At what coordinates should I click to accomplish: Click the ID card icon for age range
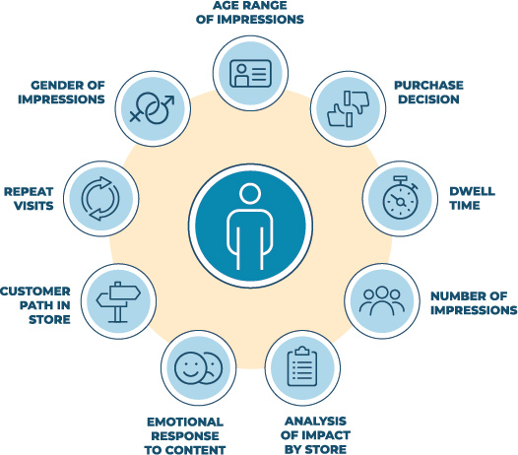click(x=250, y=73)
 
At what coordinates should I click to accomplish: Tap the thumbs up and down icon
click(x=349, y=108)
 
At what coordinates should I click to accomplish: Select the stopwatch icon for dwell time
click(x=400, y=198)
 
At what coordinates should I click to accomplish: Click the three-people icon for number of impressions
click(x=382, y=300)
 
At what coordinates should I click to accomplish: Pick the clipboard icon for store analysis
click(x=302, y=366)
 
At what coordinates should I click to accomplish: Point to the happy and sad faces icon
click(x=198, y=367)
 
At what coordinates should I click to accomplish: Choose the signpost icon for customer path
click(x=118, y=302)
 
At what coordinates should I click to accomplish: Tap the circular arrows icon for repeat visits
click(x=100, y=199)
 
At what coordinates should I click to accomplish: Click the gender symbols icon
click(x=152, y=108)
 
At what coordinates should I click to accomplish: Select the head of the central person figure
click(x=250, y=194)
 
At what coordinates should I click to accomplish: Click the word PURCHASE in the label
click(x=428, y=86)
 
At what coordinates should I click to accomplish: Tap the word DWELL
click(x=473, y=191)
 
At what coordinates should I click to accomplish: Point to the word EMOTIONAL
click(x=185, y=422)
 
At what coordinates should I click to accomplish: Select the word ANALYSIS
click(x=315, y=421)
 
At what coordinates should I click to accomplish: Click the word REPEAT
click(x=29, y=192)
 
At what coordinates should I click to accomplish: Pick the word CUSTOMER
click(x=35, y=292)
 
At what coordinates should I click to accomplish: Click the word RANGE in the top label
click(x=266, y=5)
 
